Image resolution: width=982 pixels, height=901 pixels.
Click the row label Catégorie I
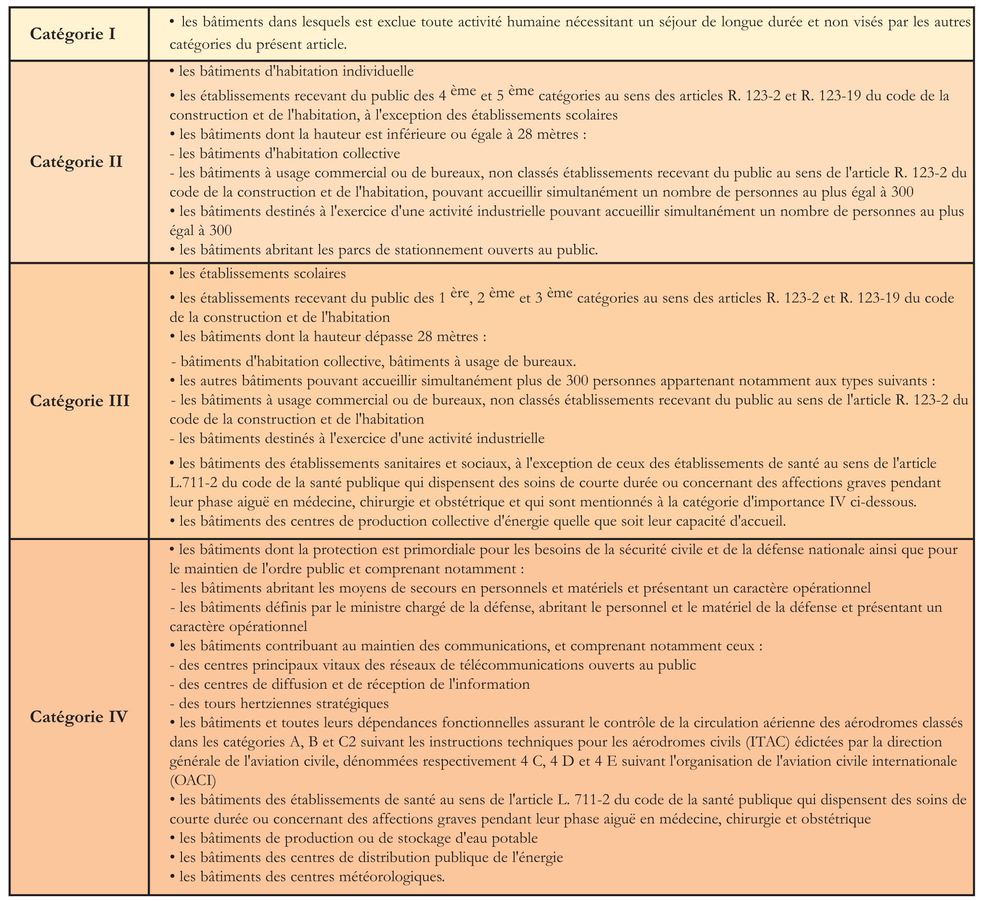73,34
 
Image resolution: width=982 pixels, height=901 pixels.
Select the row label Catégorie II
76,162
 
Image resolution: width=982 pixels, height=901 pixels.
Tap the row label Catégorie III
79,401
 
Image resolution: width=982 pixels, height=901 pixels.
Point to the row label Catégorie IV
78,717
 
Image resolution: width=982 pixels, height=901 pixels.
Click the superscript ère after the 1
459,293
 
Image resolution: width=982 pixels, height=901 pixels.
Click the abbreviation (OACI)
193,781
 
